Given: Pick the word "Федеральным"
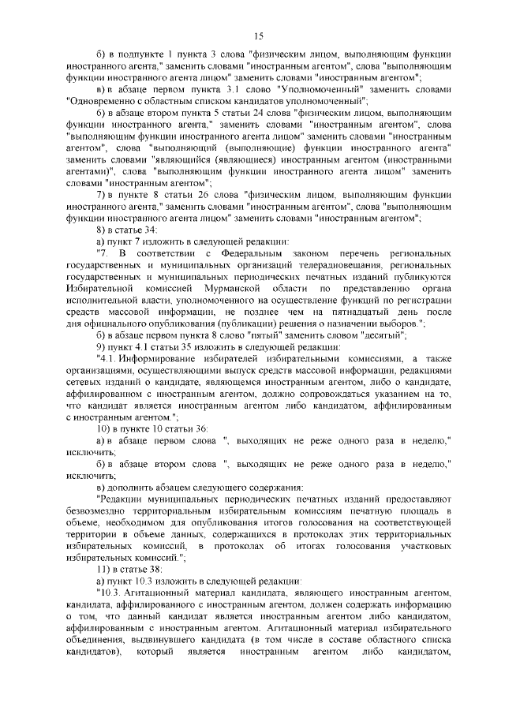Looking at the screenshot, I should coord(253,252).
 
